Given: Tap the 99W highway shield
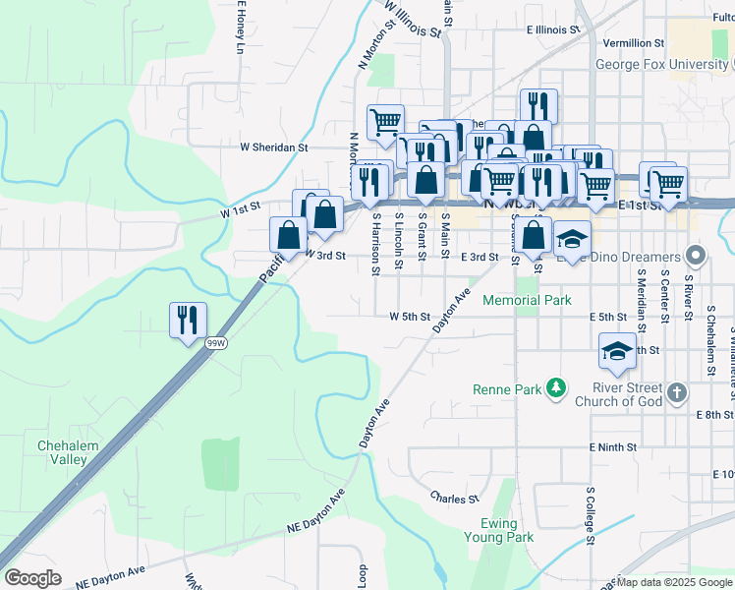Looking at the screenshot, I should pyautogui.click(x=216, y=343).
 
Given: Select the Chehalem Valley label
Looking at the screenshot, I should pyautogui.click(x=68, y=452).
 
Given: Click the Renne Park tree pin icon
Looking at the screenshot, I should pyautogui.click(x=557, y=389).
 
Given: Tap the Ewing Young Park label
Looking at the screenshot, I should pyautogui.click(x=507, y=530).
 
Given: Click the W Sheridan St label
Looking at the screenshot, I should pyautogui.click(x=274, y=147).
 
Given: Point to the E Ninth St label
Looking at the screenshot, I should pyautogui.click(x=613, y=446).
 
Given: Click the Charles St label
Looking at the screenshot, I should pyautogui.click(x=453, y=498).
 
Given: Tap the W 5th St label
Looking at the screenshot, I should pyautogui.click(x=410, y=317).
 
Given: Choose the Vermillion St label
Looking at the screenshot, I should pyautogui.click(x=634, y=43).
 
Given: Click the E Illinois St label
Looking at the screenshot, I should pyautogui.click(x=555, y=30).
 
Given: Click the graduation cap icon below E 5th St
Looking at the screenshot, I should pyautogui.click(x=616, y=351).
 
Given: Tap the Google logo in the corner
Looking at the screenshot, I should pyautogui.click(x=32, y=578).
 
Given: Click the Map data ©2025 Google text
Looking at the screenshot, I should pyautogui.click(x=674, y=582).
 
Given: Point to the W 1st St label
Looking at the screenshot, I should pyautogui.click(x=240, y=208).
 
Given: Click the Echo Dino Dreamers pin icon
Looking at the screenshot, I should pyautogui.click(x=697, y=259).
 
